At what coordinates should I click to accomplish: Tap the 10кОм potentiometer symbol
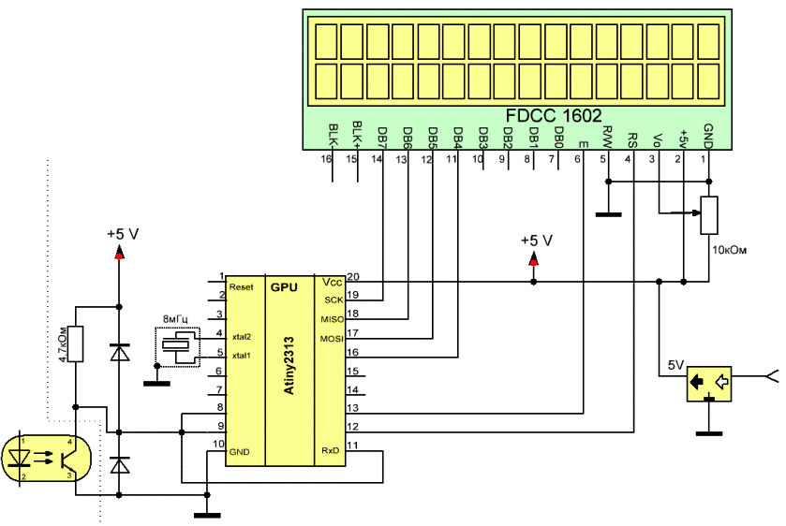point(708,214)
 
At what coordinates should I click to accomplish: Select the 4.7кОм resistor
point(76,344)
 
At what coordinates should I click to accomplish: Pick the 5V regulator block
point(710,383)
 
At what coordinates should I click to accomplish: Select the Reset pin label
point(242,288)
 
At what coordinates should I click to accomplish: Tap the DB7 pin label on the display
point(381,137)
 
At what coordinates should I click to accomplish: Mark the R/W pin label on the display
point(607,138)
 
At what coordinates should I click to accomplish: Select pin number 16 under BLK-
point(327,159)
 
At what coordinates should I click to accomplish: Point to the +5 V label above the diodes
point(122,234)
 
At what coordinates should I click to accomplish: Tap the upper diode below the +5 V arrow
point(119,353)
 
